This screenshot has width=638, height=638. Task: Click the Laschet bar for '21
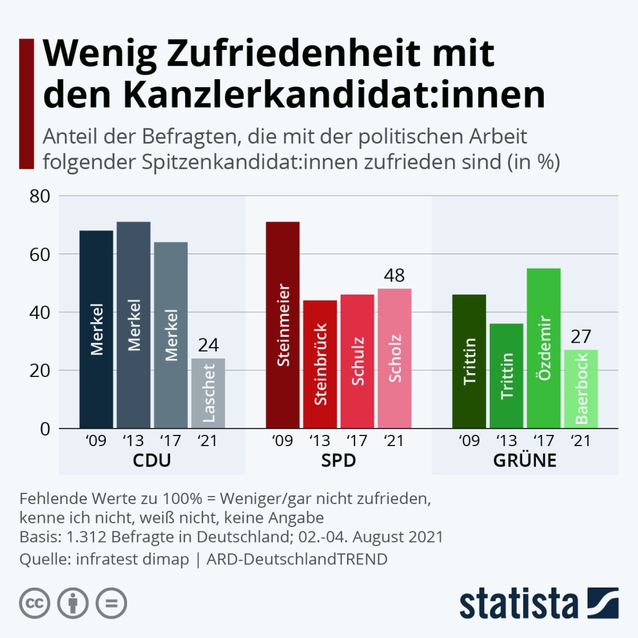(207, 393)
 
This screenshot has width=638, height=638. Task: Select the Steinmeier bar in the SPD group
(282, 325)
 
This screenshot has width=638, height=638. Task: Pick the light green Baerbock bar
(581, 389)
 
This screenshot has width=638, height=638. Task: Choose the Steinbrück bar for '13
(319, 364)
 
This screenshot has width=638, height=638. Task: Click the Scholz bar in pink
(394, 358)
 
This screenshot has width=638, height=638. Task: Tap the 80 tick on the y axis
(40, 196)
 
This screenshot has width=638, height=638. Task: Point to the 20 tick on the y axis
(40, 371)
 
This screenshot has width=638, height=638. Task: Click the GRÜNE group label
(525, 462)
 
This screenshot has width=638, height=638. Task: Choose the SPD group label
(338, 462)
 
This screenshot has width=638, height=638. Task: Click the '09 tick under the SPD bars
(282, 441)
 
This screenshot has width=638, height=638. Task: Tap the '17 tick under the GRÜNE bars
(543, 441)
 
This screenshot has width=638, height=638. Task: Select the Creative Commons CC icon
(35, 602)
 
